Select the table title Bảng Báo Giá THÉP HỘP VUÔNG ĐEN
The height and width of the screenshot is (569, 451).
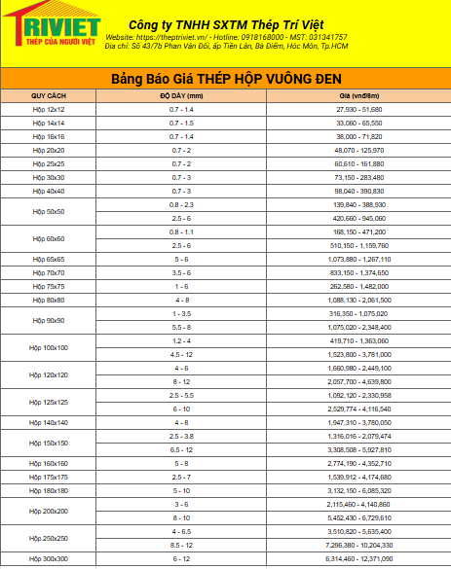(x=226, y=77)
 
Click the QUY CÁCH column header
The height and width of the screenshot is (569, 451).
(x=48, y=96)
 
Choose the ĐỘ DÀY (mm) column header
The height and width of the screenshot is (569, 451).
(x=181, y=96)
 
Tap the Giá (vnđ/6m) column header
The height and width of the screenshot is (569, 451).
(x=358, y=96)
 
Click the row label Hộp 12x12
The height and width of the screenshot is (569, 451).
(x=49, y=110)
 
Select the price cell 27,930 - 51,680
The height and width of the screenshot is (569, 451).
(x=358, y=110)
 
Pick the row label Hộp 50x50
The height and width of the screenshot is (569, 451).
(x=49, y=211)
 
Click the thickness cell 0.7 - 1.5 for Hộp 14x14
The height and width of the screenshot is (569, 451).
(x=181, y=124)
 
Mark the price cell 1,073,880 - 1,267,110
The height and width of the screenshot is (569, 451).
(x=358, y=260)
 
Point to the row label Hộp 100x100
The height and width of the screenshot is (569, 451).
(x=49, y=347)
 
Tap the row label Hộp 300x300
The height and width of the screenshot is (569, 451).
(x=49, y=559)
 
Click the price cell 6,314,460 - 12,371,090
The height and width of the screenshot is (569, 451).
(x=358, y=559)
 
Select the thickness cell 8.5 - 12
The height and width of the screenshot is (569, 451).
(x=181, y=546)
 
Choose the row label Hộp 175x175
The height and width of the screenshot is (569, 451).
(x=49, y=478)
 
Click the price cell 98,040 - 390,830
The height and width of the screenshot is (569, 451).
(x=358, y=192)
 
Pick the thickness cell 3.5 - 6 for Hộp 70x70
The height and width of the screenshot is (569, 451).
(x=181, y=273)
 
